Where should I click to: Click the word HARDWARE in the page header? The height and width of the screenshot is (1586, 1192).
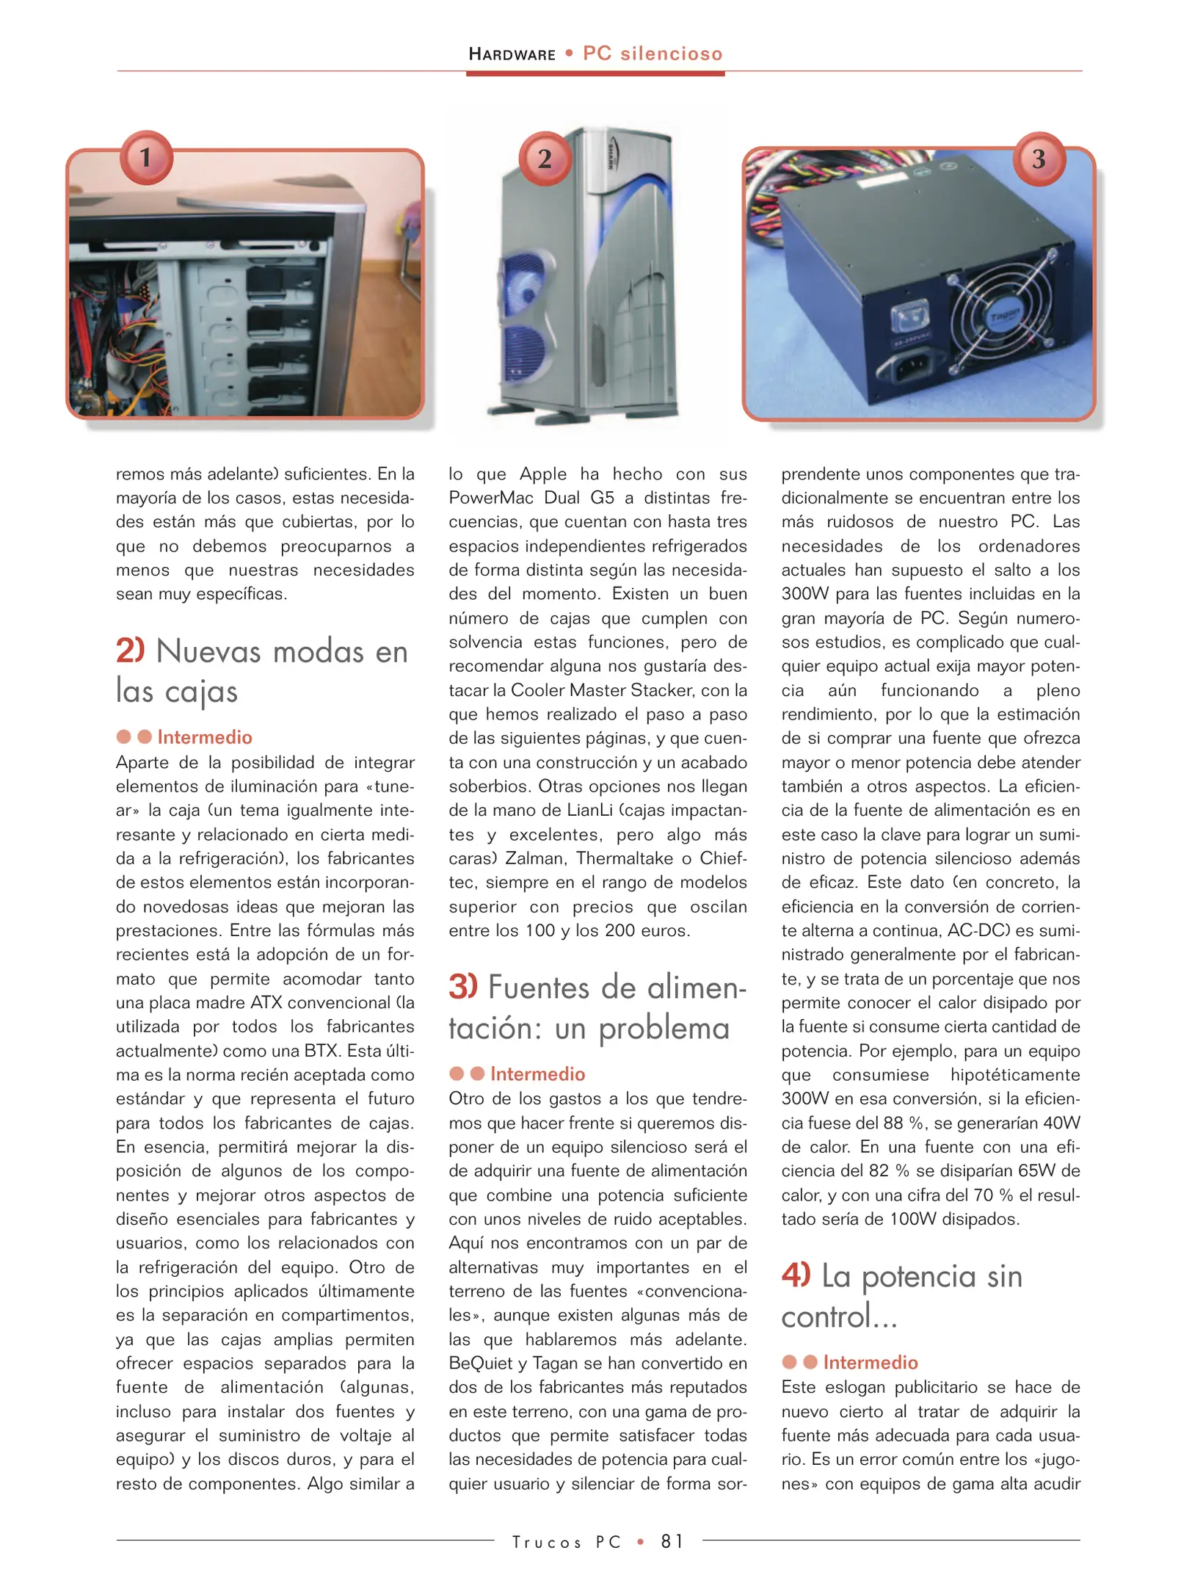coord(512,54)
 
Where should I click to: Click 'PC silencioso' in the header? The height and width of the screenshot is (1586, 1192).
coord(652,54)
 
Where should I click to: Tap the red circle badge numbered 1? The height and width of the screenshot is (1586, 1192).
coord(146,157)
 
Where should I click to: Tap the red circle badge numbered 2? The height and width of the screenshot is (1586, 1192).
coord(545,158)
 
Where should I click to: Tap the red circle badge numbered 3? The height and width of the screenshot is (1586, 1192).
coord(1038,158)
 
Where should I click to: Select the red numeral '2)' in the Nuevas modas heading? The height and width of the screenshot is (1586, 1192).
coord(130,651)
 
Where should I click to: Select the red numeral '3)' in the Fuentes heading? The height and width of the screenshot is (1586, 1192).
coord(462,986)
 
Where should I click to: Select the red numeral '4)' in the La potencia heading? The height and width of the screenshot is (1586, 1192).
coord(796,1275)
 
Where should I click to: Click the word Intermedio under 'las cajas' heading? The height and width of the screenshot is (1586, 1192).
coord(205,737)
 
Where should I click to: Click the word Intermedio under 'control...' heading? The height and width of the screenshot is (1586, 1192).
coord(870,1363)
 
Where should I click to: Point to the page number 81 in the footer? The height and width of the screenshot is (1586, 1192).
coord(672,1541)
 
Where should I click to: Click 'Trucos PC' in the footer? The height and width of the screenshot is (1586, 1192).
coord(566,1542)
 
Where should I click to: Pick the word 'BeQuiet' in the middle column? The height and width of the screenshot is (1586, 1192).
coord(481,1364)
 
